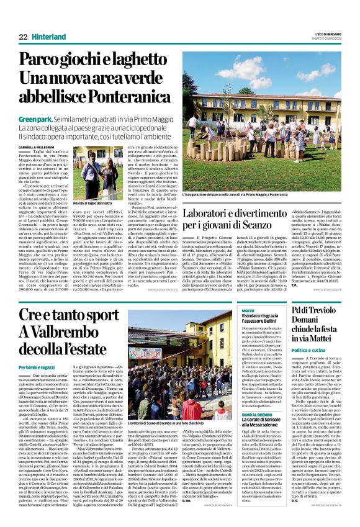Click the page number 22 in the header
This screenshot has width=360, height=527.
[23, 38]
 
